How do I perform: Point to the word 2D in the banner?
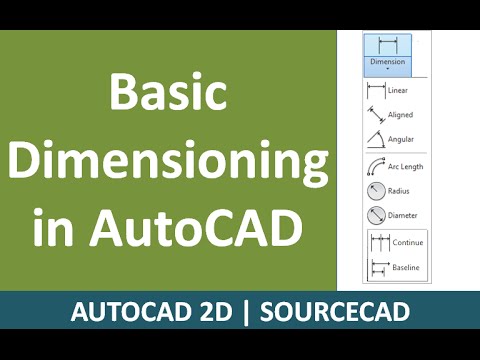pos(219,312)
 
